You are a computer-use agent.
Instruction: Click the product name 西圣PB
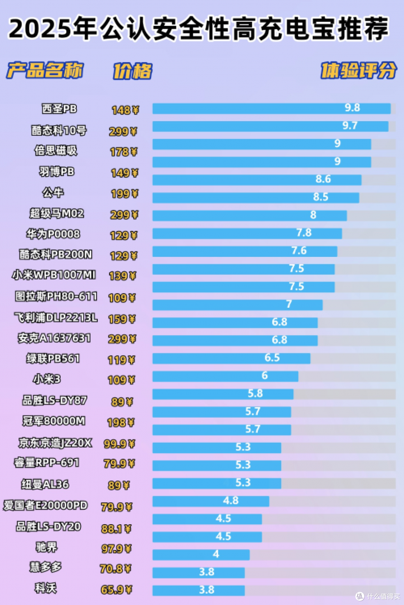click(x=59, y=109)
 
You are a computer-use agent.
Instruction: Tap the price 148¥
click(x=125, y=110)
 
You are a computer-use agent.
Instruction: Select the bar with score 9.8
click(x=271, y=108)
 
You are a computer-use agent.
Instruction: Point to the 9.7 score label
click(x=350, y=126)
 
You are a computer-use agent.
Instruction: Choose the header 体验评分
click(x=359, y=71)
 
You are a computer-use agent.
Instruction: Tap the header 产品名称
click(x=45, y=70)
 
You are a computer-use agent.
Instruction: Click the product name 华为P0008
click(x=53, y=234)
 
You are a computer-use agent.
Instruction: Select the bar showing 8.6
click(x=257, y=180)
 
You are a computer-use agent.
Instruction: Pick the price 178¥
click(x=124, y=152)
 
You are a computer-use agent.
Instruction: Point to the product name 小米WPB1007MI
click(x=54, y=275)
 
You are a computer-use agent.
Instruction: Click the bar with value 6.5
click(x=231, y=358)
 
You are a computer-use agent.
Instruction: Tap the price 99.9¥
click(x=119, y=444)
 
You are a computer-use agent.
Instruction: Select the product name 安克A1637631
click(x=54, y=338)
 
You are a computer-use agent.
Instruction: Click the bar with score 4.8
click(x=211, y=501)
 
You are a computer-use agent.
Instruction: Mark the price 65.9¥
click(x=116, y=590)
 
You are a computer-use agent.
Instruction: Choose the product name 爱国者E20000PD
click(x=45, y=505)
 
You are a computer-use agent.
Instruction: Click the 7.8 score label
click(x=304, y=233)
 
